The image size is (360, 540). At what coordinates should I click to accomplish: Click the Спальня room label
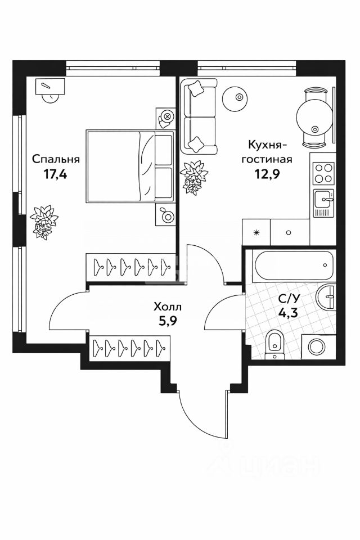[56, 159]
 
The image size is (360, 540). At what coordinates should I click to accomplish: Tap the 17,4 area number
[56, 174]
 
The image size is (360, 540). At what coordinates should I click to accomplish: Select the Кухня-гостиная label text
[267, 152]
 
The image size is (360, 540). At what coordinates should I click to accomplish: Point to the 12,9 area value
[268, 173]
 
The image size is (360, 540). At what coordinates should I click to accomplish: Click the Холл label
[168, 307]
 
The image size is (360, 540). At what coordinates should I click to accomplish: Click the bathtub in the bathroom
[292, 264]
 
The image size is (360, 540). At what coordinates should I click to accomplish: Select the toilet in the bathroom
[274, 343]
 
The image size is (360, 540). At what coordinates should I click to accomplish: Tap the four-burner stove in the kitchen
[323, 173]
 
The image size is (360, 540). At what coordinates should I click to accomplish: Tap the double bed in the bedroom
[130, 166]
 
